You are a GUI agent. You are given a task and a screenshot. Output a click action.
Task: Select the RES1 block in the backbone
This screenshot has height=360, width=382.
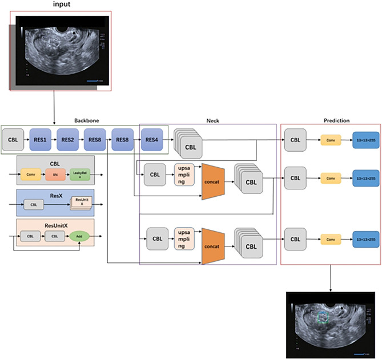click(40, 139)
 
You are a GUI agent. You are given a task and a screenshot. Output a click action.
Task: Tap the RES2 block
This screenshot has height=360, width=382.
click(68, 139)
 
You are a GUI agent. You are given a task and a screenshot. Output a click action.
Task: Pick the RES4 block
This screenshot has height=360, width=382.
click(152, 139)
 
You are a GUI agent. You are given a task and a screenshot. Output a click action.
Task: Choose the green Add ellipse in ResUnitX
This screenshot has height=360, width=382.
click(79, 234)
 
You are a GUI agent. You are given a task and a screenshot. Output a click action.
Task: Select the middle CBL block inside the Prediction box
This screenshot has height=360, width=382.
click(295, 178)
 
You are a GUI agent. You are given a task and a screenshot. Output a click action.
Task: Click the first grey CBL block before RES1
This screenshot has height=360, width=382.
click(13, 139)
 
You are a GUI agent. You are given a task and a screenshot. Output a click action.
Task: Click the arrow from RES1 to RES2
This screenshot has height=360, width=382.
click(54, 139)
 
